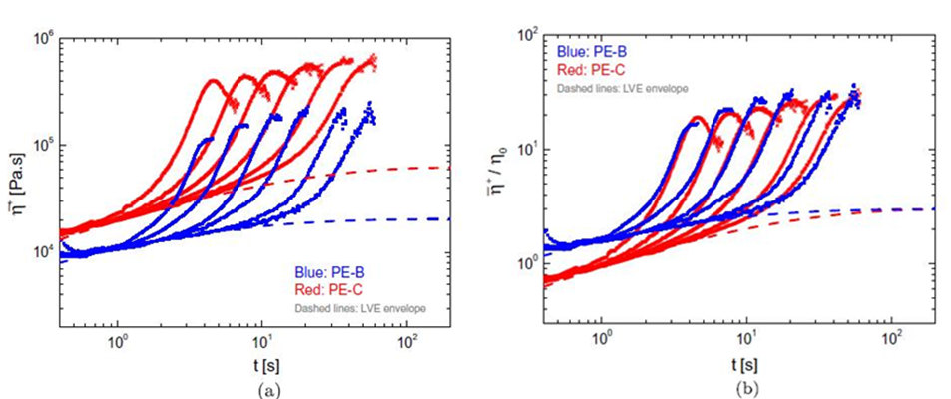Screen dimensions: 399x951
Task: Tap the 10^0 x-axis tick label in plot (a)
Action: pos(117,343)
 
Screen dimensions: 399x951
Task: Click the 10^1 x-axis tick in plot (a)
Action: pos(260,343)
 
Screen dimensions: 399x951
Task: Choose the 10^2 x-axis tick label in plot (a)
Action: pos(405,343)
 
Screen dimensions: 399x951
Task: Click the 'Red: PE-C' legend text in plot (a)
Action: pos(325,289)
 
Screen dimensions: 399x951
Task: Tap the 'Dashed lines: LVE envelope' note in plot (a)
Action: pos(358,308)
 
